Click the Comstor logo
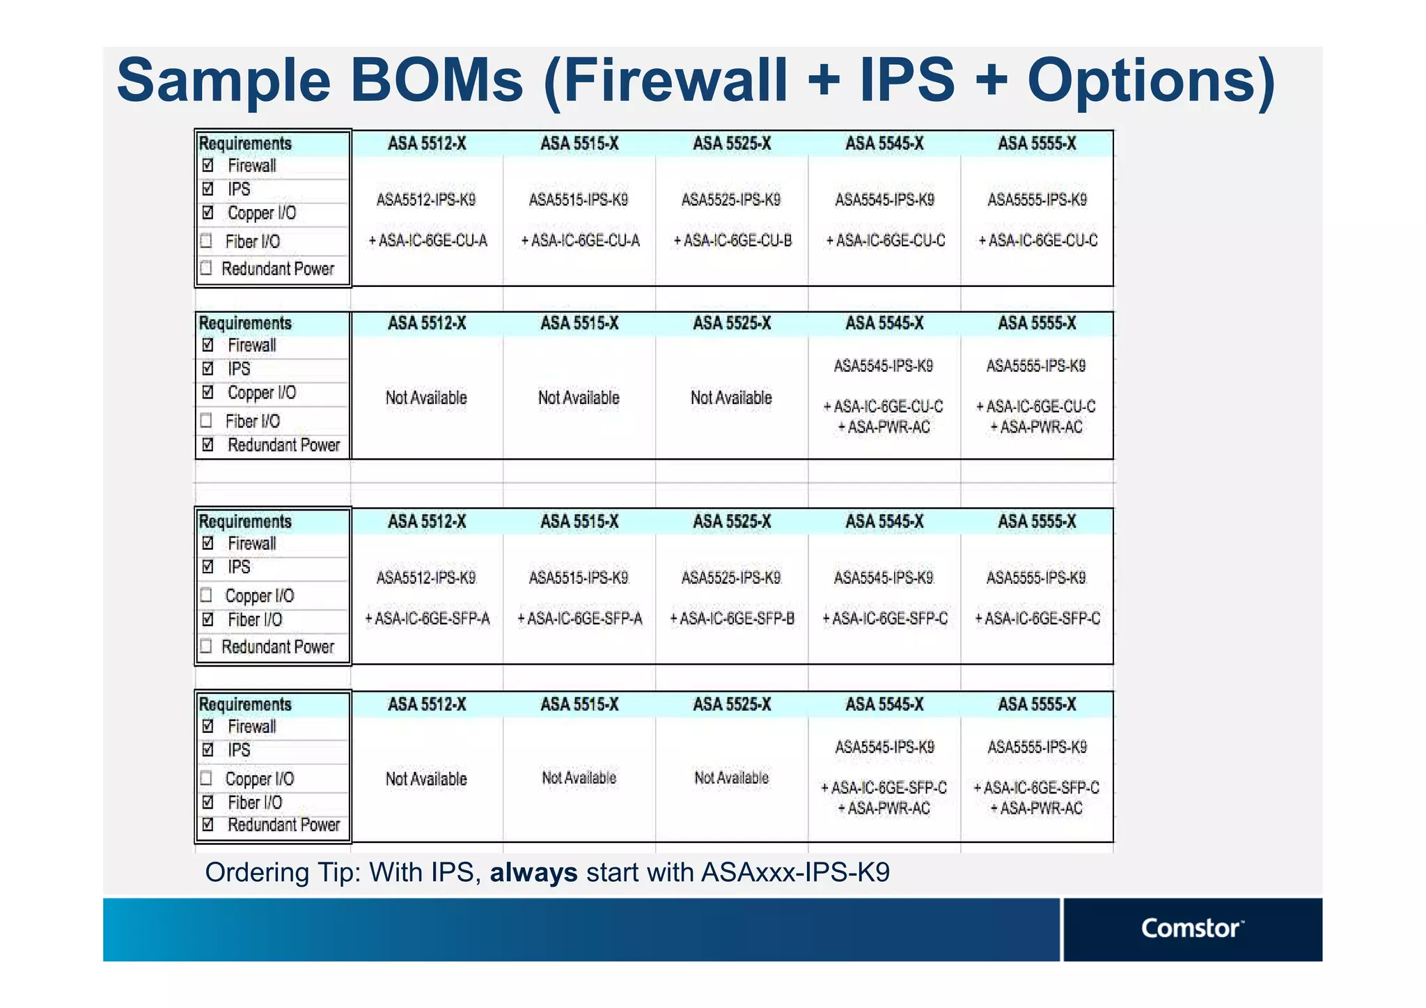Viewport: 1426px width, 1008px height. pyautogui.click(x=1191, y=928)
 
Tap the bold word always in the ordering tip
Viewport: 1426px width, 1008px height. pyautogui.click(x=533, y=872)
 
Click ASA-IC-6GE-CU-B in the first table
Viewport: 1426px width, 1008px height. pyautogui.click(x=732, y=241)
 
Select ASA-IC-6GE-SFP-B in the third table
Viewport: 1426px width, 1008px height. pyautogui.click(x=732, y=619)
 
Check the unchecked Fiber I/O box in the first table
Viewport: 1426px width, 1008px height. pyautogui.click(x=206, y=241)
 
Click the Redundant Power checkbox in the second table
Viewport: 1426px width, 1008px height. pyautogui.click(x=207, y=444)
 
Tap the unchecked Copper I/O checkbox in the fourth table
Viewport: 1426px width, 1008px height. pyautogui.click(x=206, y=778)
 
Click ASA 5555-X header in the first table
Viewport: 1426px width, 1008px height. pyautogui.click(x=1037, y=144)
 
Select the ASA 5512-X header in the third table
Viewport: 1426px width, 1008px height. pyautogui.click(x=427, y=522)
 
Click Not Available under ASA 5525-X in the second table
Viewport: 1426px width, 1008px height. pyautogui.click(x=731, y=398)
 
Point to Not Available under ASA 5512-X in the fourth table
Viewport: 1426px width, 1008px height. pyautogui.click(x=426, y=779)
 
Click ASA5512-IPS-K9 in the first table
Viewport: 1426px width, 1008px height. pyautogui.click(x=426, y=201)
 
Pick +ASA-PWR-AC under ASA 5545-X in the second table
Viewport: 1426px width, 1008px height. pyautogui.click(x=884, y=428)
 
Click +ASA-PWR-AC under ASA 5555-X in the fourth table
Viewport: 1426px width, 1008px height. pyautogui.click(x=1037, y=809)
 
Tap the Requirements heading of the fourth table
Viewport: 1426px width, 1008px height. pyautogui.click(x=245, y=704)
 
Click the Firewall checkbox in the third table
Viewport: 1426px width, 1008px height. pyautogui.click(x=207, y=543)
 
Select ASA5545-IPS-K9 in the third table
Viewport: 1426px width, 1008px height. pyautogui.click(x=884, y=578)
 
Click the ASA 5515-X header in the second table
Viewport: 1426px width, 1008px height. pyautogui.click(x=579, y=323)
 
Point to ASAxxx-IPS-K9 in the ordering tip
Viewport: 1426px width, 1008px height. pyautogui.click(x=795, y=872)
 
